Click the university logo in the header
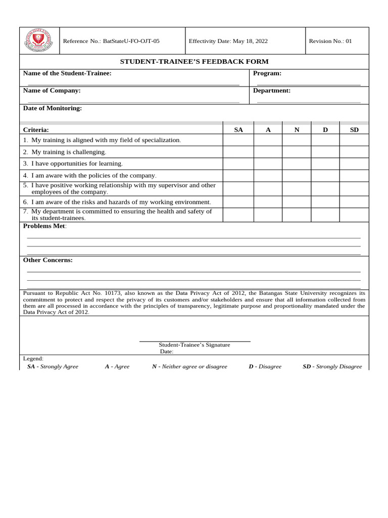39,41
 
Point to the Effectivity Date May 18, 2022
228,41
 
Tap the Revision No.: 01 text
330,41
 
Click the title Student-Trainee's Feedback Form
194,61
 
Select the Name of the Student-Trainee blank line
133,84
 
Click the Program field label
267,73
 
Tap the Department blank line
309,102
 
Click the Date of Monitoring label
53,108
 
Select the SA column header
238,130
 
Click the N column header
297,130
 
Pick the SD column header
354,130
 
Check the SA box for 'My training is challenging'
238,152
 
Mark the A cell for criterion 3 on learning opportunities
268,164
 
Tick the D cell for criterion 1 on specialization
325,140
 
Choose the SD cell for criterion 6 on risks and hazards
354,202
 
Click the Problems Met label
44,226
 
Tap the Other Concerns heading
48,260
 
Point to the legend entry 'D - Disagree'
265,366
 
